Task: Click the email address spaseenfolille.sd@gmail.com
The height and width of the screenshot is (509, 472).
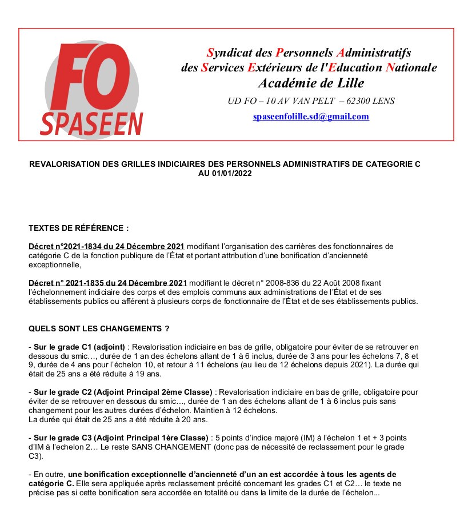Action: click(311, 117)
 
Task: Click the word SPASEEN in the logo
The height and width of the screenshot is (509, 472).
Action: click(92, 123)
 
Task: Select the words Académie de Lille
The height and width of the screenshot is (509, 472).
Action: click(311, 83)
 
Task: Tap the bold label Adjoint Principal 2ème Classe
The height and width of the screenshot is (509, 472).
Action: click(153, 392)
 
